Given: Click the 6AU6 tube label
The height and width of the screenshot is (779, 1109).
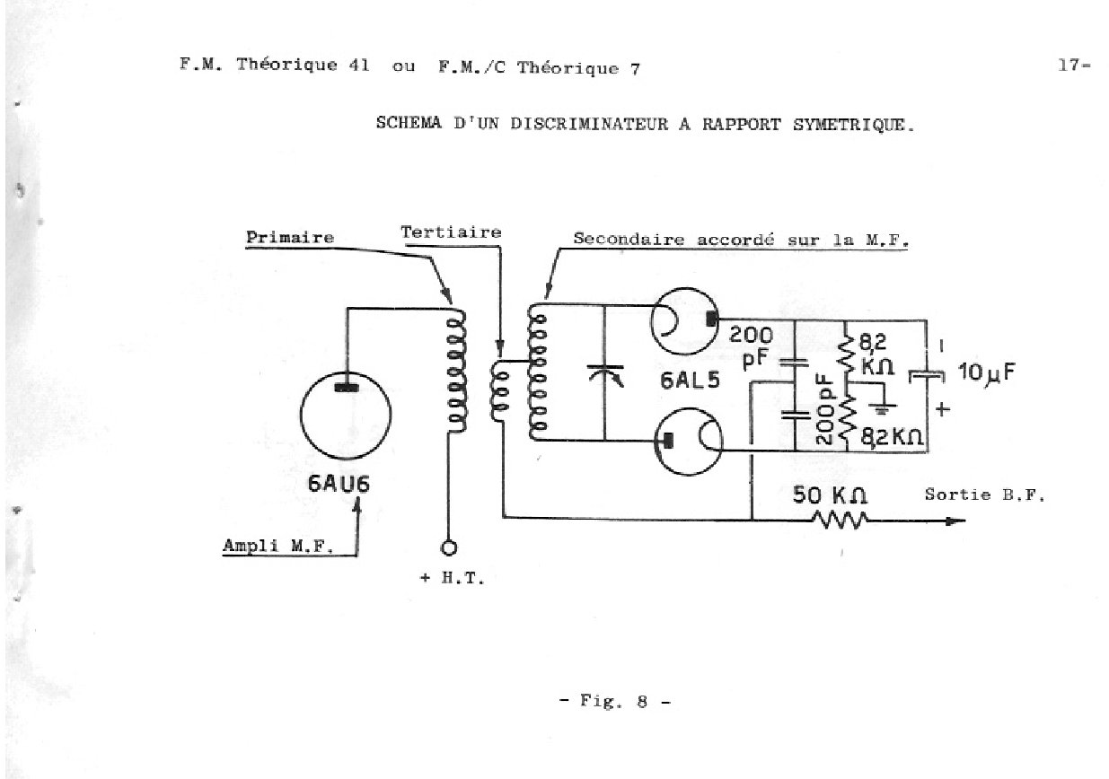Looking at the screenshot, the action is (339, 484).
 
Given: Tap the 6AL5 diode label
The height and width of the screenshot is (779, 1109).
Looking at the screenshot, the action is (690, 381).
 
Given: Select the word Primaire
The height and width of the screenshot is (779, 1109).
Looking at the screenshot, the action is (290, 237).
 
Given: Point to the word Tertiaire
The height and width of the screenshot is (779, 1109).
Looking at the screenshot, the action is (451, 232).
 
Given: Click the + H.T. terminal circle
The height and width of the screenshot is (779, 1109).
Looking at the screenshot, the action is (449, 547).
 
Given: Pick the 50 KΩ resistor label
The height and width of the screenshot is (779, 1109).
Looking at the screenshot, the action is (830, 495).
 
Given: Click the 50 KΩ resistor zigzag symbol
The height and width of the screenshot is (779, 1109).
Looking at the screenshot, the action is (840, 521).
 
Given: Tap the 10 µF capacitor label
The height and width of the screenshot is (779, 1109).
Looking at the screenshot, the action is (986, 372).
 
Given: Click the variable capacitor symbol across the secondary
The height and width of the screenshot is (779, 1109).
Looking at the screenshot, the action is (605, 374).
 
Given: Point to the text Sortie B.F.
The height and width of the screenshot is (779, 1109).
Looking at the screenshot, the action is (984, 495).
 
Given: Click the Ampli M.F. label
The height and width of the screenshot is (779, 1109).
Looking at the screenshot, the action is (277, 546).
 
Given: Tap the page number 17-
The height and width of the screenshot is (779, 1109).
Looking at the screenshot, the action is (1074, 66).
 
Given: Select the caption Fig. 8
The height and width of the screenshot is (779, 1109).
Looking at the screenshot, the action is (615, 701).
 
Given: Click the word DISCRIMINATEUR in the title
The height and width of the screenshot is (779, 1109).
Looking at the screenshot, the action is (589, 123).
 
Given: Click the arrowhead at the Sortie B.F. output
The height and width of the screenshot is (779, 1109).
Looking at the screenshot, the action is (956, 521).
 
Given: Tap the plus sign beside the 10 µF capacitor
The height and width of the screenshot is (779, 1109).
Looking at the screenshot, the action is (943, 409).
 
